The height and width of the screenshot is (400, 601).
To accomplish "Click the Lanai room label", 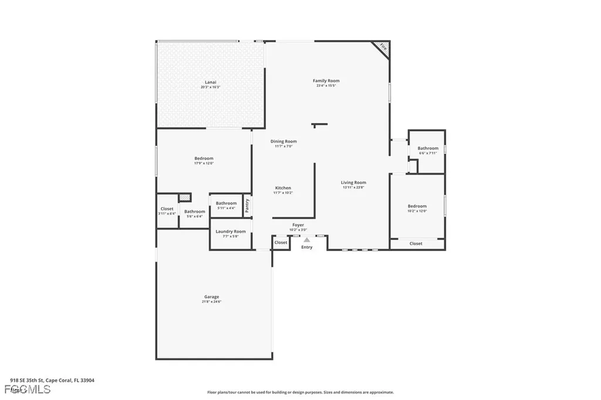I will [x=210, y=82].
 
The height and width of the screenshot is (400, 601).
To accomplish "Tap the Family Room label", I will [x=326, y=80].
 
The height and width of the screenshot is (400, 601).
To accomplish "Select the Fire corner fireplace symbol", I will [x=383, y=48].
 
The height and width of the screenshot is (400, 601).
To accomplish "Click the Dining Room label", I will [x=283, y=141].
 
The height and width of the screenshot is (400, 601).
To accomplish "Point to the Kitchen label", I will [x=282, y=188].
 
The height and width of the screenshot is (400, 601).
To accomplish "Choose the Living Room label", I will [x=353, y=182].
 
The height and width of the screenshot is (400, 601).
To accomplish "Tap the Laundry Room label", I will [x=231, y=231].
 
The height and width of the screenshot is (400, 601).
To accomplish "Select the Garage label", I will [x=211, y=297].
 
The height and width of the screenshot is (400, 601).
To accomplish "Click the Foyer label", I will [x=298, y=225].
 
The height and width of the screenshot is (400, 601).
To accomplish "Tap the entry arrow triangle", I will [x=306, y=239].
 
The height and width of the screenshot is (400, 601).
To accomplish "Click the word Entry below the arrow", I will [x=307, y=247].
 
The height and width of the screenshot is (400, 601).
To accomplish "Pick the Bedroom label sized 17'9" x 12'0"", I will [x=204, y=158].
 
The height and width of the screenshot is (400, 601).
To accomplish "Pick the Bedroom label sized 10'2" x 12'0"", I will [x=417, y=206].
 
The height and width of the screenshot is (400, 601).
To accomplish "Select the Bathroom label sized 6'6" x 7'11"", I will [x=428, y=148].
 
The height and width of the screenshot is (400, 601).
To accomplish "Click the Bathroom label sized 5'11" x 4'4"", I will [x=226, y=203].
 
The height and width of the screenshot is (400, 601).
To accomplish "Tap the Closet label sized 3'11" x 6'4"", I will [x=167, y=208].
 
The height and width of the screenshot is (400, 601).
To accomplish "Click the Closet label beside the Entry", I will [x=281, y=242].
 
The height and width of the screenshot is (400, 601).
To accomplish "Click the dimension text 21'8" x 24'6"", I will [x=211, y=301].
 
